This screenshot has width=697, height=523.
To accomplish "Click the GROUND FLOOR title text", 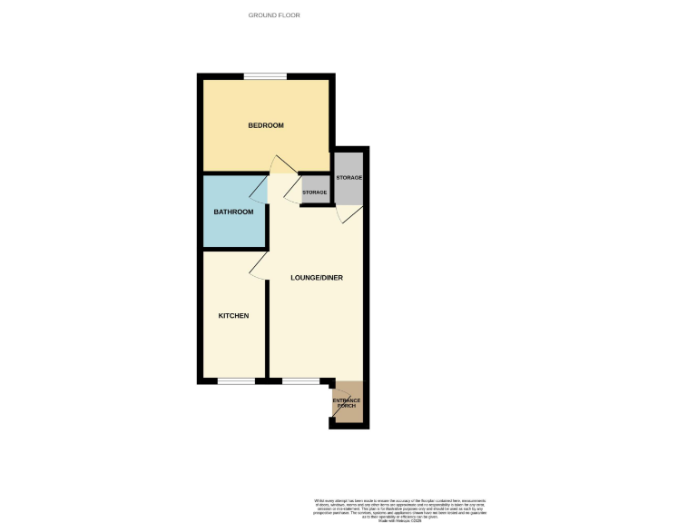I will [x=274, y=15].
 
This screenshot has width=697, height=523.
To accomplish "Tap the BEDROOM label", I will [x=266, y=125].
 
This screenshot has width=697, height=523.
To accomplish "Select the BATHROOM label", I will [x=233, y=212].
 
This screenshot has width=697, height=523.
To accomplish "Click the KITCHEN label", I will [x=233, y=316].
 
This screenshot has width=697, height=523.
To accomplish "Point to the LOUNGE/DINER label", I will [x=316, y=277].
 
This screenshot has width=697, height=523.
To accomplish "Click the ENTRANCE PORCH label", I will [x=347, y=402].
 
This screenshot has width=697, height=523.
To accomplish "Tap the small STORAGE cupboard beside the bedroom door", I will [x=315, y=192].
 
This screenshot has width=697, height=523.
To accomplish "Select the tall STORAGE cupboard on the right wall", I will [x=349, y=176].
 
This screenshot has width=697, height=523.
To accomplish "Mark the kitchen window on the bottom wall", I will [x=235, y=381].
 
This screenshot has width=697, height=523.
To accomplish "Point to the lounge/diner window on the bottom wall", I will [x=299, y=381].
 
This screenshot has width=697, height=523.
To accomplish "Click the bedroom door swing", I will [x=281, y=166].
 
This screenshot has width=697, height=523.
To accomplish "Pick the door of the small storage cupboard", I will [x=291, y=192].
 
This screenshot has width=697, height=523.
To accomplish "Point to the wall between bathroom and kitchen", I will [x=233, y=249].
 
